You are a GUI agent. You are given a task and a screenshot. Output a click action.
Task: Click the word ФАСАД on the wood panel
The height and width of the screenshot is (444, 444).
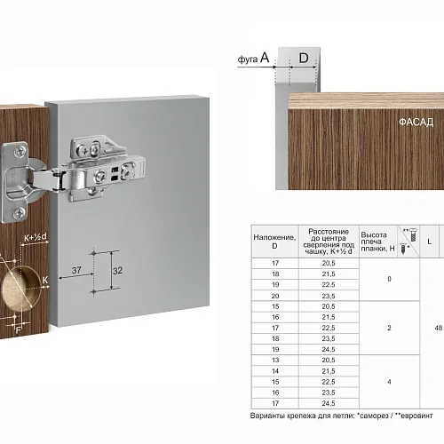tap(416, 122)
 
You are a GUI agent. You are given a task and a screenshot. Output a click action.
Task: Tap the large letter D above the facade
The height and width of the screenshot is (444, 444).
tap(304, 58)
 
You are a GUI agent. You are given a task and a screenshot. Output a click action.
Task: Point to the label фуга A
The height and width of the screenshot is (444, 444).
tap(253, 58)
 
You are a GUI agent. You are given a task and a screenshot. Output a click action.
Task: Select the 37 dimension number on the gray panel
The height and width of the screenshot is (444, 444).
tap(76, 270)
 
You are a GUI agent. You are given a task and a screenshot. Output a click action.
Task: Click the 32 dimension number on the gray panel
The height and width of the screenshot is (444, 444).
tap(117, 271)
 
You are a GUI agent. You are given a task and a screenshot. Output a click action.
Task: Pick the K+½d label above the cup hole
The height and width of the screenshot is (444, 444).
tap(36, 237)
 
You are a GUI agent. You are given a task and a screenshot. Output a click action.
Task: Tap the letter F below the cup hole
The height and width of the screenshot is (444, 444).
tap(19, 329)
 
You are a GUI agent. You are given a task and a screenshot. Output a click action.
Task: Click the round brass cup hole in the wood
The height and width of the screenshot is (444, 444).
tap(20, 289)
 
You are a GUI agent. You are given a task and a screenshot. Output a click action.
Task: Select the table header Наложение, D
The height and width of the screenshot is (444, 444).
tap(274, 242)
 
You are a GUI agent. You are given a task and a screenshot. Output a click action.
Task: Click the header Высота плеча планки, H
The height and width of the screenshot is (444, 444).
tap(377, 242)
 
